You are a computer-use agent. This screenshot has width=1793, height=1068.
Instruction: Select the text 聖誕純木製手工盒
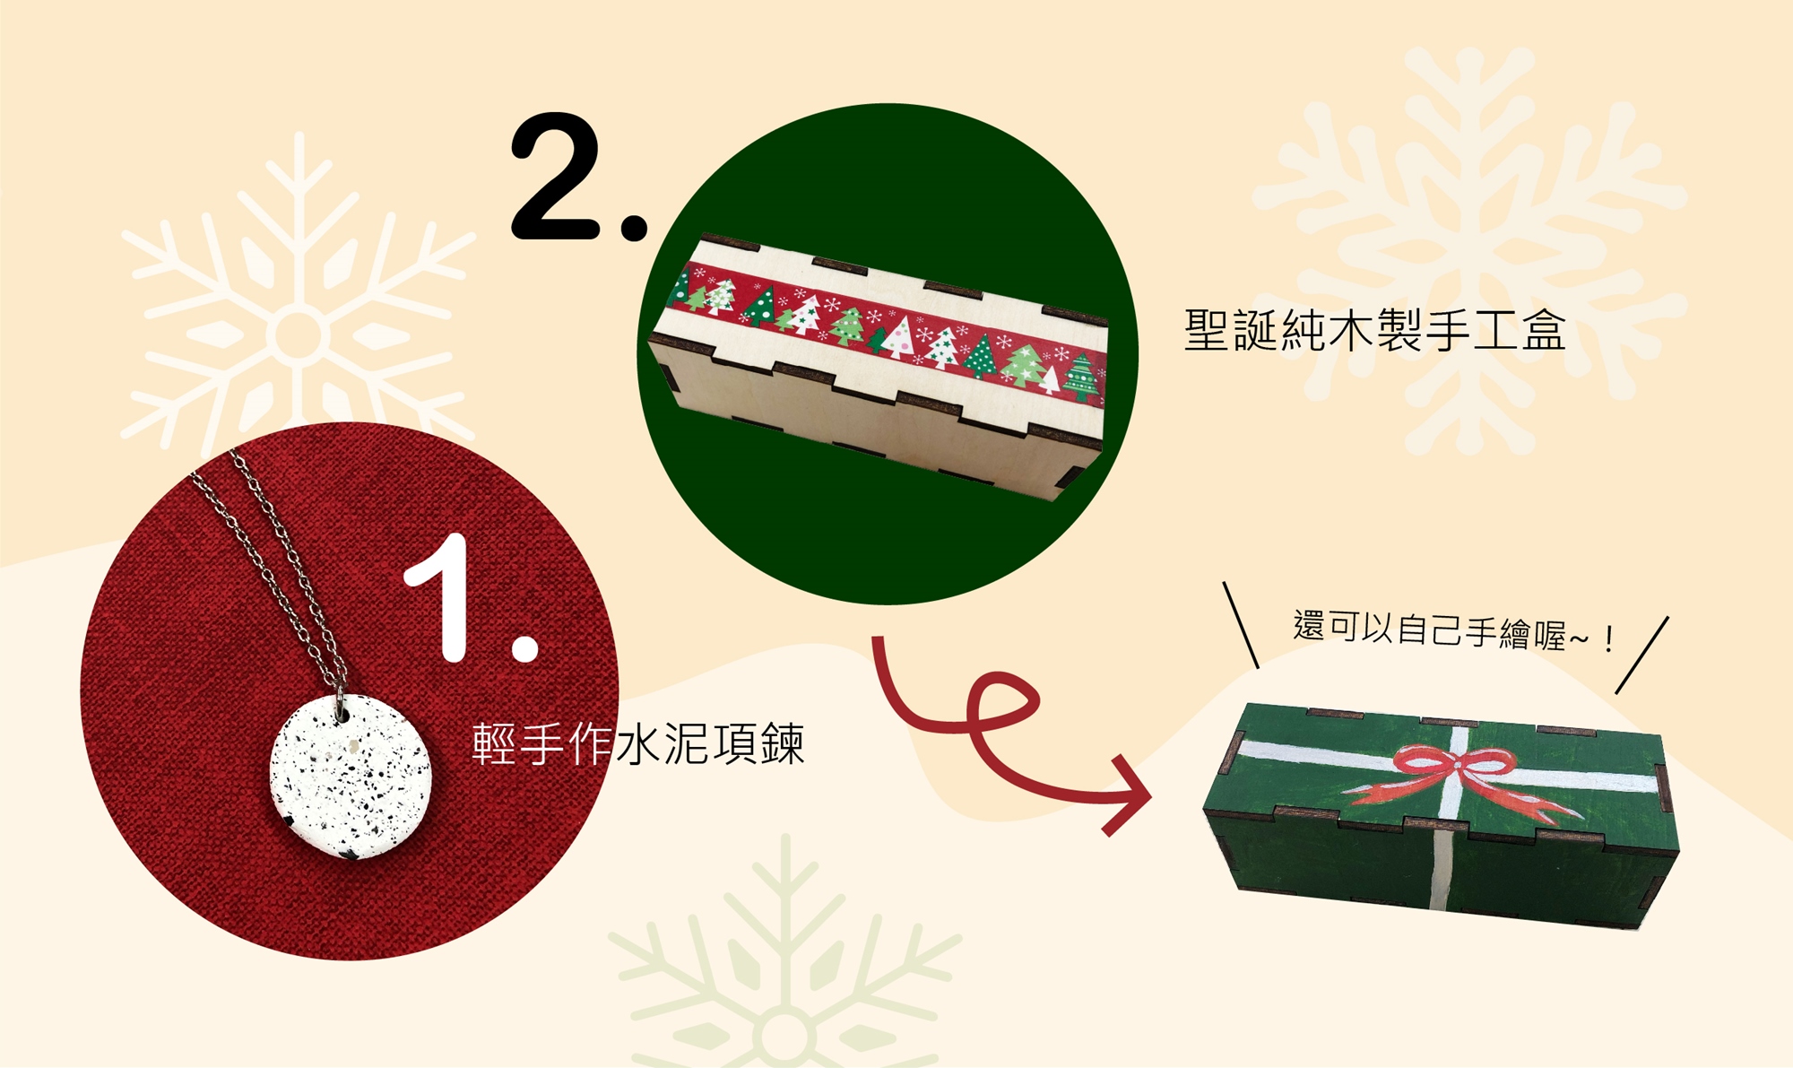tap(1374, 330)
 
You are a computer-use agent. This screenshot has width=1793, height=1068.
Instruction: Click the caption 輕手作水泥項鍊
tap(637, 744)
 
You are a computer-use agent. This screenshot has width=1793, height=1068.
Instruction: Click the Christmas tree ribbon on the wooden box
tap(888, 328)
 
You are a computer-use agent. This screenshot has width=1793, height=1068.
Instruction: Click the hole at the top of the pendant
tap(342, 715)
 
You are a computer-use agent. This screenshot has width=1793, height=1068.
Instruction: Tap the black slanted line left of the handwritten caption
tap(1241, 625)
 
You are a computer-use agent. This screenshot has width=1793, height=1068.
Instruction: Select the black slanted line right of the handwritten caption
tap(1642, 655)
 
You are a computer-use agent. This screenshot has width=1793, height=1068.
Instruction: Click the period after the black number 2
tap(634, 227)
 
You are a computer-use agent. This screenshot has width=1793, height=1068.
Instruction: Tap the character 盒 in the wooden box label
tap(1543, 330)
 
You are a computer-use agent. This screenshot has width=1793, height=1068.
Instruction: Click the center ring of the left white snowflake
tap(299, 334)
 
